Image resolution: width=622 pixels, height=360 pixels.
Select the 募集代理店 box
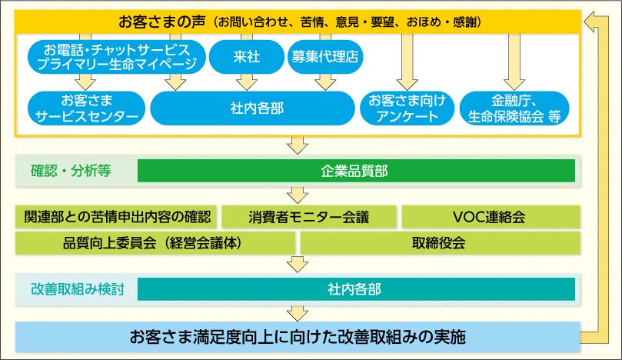pyautogui.click(x=326, y=57)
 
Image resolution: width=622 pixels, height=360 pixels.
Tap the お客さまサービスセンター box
pyautogui.click(x=85, y=108)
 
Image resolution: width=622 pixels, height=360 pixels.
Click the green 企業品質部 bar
pyautogui.click(x=356, y=171)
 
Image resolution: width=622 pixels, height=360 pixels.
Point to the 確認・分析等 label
pyautogui.click(x=73, y=171)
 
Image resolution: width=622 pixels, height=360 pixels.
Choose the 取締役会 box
pyautogui.click(x=438, y=243)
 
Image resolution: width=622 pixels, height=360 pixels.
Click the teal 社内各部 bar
pyautogui.click(x=356, y=289)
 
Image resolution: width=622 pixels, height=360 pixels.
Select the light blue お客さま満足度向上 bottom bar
pyautogui.click(x=298, y=336)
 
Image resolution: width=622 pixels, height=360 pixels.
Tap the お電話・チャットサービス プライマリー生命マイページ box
pyautogui.click(x=117, y=57)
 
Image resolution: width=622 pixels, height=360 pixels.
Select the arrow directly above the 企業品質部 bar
pyautogui.click(x=297, y=145)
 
